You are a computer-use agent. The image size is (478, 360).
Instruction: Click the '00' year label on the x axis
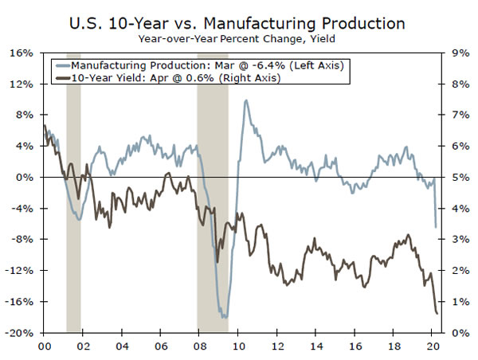click(x=45, y=346)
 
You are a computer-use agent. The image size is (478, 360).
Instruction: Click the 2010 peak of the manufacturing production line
click(x=246, y=100)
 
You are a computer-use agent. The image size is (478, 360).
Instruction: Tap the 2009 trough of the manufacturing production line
click(x=225, y=317)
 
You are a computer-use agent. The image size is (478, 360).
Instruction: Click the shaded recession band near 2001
click(x=73, y=191)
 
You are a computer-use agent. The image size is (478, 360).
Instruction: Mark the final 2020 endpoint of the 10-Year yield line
click(x=437, y=313)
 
